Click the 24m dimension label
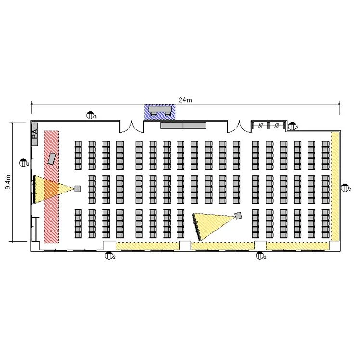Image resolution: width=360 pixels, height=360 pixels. click(185, 100)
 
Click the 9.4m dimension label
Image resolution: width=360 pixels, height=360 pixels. click(8, 182)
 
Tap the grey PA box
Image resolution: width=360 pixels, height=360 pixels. click(35, 135)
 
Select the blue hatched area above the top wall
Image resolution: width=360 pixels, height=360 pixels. click(160, 112)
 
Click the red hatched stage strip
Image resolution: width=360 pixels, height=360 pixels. click(51, 187)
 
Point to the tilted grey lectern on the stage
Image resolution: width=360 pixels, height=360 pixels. click(52, 159)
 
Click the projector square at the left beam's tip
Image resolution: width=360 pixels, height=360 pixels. click(77, 189)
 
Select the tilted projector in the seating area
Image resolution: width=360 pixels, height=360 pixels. click(238, 216)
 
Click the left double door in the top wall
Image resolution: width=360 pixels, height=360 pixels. click(132, 127)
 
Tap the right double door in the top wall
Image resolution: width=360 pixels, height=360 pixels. click(239, 127)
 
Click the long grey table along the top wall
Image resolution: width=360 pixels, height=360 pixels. click(183, 125)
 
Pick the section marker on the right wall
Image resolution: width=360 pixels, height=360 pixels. click(345, 188)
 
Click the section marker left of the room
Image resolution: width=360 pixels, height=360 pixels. click(24, 163)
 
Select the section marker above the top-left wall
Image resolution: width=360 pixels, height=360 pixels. click(90, 115)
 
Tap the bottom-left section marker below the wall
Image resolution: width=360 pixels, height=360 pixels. click(109, 256)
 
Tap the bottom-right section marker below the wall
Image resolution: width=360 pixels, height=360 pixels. click(260, 256)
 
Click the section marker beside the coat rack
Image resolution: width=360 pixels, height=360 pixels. click(292, 126)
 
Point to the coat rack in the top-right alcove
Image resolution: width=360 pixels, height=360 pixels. click(269, 126)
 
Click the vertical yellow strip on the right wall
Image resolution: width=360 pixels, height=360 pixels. click(335, 186)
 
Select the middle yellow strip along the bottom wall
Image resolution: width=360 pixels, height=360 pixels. click(223, 246)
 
